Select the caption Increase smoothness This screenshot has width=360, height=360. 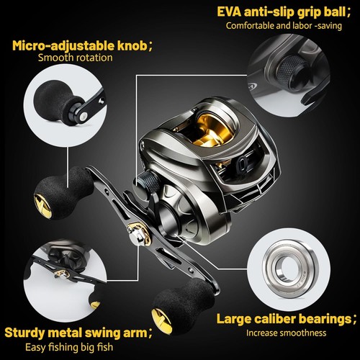pos(286,333)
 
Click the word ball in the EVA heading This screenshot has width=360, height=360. pos(335,12)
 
